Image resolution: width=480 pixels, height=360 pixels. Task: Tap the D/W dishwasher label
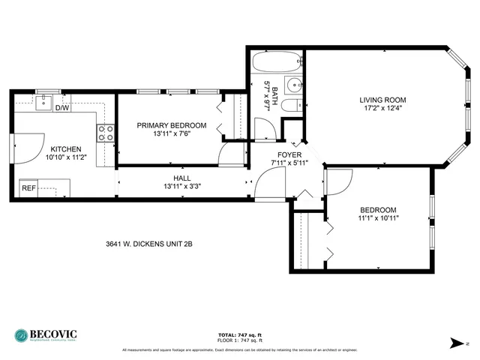63,108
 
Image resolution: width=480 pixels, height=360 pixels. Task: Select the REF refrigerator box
28,187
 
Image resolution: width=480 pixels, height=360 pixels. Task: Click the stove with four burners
106,133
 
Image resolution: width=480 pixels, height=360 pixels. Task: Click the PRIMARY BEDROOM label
171,125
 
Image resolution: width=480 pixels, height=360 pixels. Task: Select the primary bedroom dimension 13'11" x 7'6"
171,135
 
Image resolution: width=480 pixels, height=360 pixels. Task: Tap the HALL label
182,178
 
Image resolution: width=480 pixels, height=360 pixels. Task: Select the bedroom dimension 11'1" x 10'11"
378,219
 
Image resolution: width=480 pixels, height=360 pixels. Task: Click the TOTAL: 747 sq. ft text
239,334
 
